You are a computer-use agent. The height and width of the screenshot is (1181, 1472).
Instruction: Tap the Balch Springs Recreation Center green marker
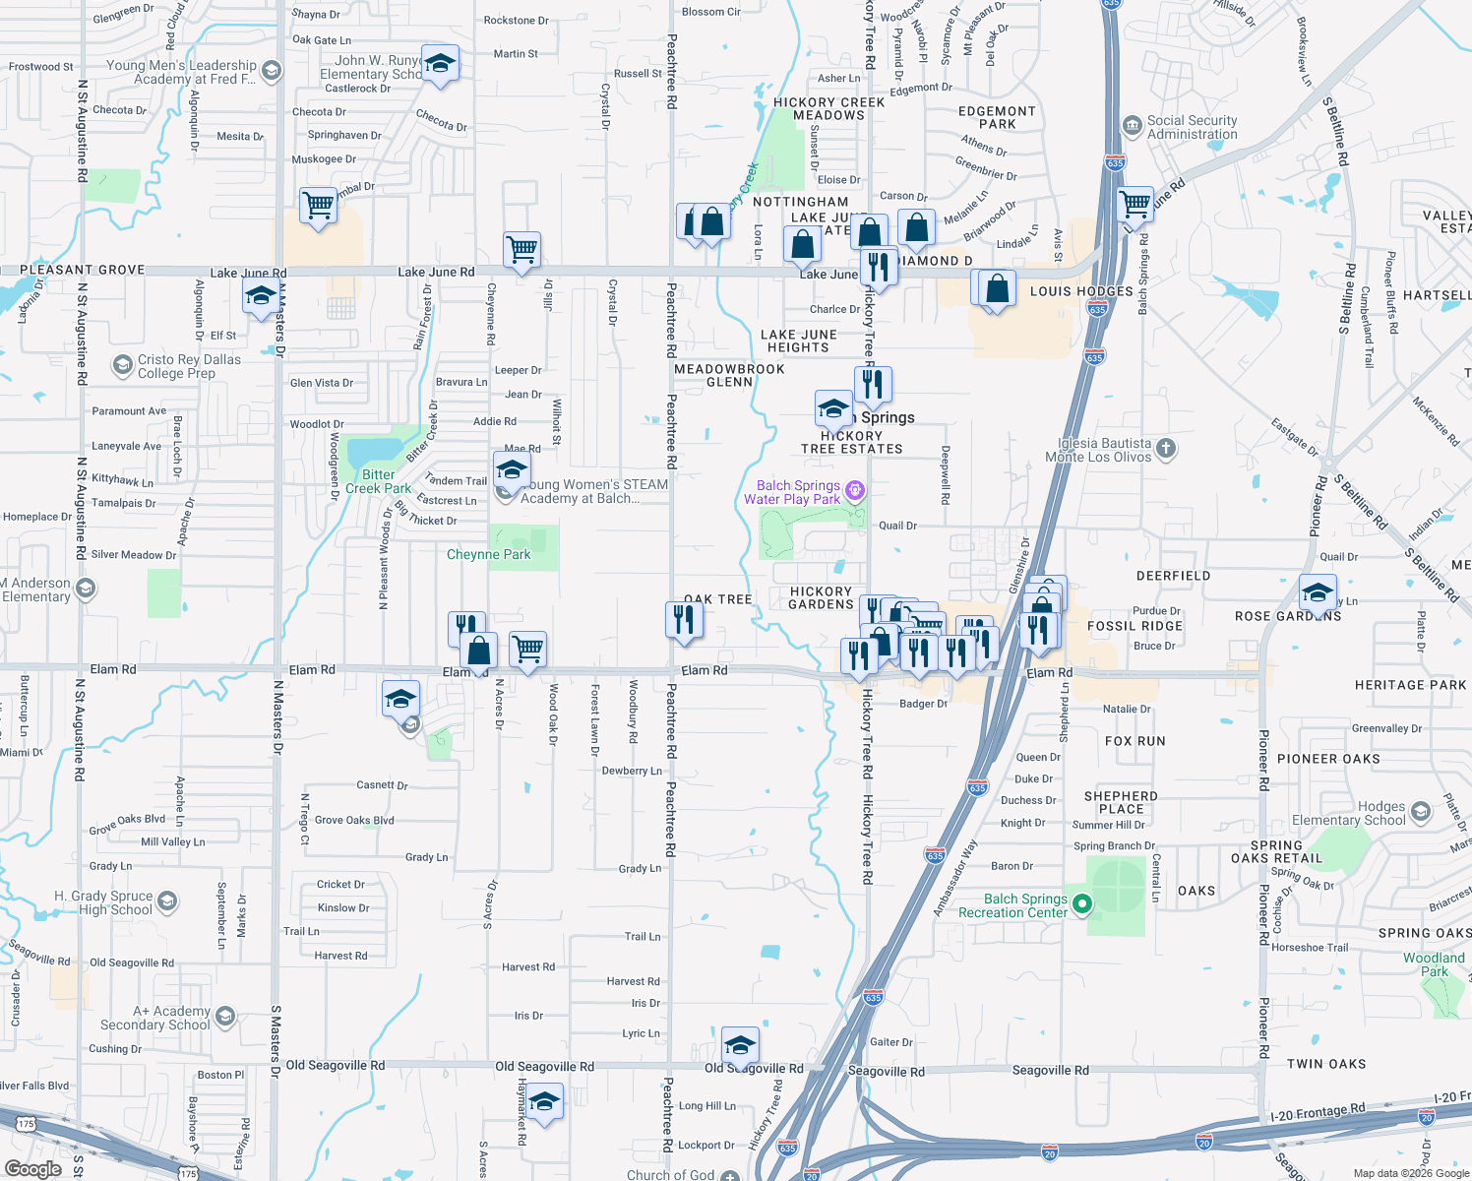(x=1082, y=903)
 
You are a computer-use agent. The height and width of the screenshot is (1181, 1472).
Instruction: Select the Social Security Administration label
(x=1192, y=128)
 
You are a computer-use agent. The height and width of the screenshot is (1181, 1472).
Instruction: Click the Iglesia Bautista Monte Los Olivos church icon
(x=1165, y=450)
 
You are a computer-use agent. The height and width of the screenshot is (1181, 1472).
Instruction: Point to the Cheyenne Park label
(x=488, y=555)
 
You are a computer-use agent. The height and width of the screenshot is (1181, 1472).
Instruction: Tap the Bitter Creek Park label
(x=378, y=481)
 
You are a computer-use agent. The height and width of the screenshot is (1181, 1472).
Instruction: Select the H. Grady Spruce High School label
(x=103, y=902)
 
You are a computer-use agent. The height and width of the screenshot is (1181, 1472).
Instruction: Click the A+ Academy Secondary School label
(x=155, y=1018)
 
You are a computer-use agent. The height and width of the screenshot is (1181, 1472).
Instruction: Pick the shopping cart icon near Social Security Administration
(x=1135, y=204)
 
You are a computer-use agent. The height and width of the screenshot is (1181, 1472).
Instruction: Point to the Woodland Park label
(x=1434, y=964)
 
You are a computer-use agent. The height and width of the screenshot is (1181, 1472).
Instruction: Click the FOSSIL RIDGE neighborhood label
(x=1135, y=626)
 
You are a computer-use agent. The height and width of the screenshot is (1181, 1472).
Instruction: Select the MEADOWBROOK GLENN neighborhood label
(x=729, y=375)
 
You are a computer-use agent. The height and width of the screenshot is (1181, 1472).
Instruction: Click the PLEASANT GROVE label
(x=83, y=270)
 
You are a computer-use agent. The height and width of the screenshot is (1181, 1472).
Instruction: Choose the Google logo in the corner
(x=32, y=1168)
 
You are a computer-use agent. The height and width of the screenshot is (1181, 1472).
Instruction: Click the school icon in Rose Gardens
(x=1318, y=592)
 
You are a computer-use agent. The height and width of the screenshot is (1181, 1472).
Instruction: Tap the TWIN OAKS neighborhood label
(x=1325, y=1064)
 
